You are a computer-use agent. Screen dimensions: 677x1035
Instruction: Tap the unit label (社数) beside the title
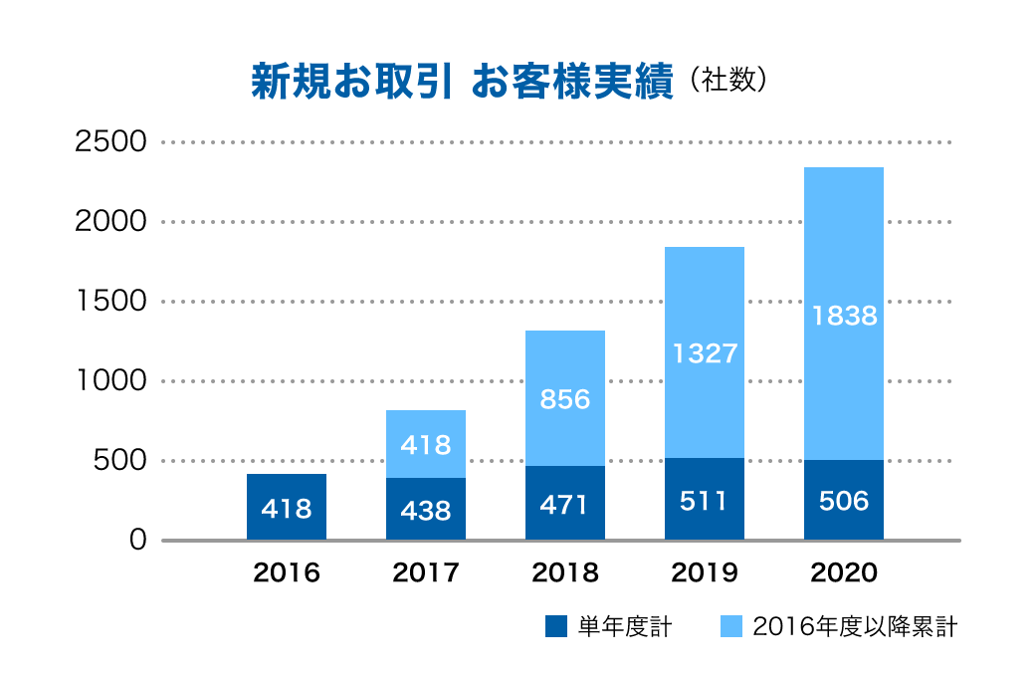click(x=724, y=81)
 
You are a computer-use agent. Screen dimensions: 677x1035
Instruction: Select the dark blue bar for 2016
click(x=287, y=507)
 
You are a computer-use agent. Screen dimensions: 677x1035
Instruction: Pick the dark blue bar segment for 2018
click(x=565, y=503)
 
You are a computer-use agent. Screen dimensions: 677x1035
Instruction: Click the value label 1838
click(x=844, y=316)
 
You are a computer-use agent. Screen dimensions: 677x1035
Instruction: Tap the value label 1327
click(x=705, y=353)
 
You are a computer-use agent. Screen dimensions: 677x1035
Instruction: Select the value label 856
click(x=565, y=399)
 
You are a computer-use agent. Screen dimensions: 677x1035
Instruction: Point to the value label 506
click(x=844, y=501)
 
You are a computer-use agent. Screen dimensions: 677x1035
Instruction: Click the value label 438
click(x=426, y=511)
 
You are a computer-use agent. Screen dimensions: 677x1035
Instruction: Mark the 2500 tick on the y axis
click(x=111, y=141)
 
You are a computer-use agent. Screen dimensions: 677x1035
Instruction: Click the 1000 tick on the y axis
click(x=111, y=380)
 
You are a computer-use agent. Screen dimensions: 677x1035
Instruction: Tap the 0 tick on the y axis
click(x=137, y=540)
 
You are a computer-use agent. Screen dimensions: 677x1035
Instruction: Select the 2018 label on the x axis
click(x=565, y=573)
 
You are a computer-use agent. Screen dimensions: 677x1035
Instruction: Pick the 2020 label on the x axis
click(x=844, y=573)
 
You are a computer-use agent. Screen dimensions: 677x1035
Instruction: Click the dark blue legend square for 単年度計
click(x=556, y=626)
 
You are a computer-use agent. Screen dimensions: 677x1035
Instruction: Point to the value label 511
click(x=705, y=501)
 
